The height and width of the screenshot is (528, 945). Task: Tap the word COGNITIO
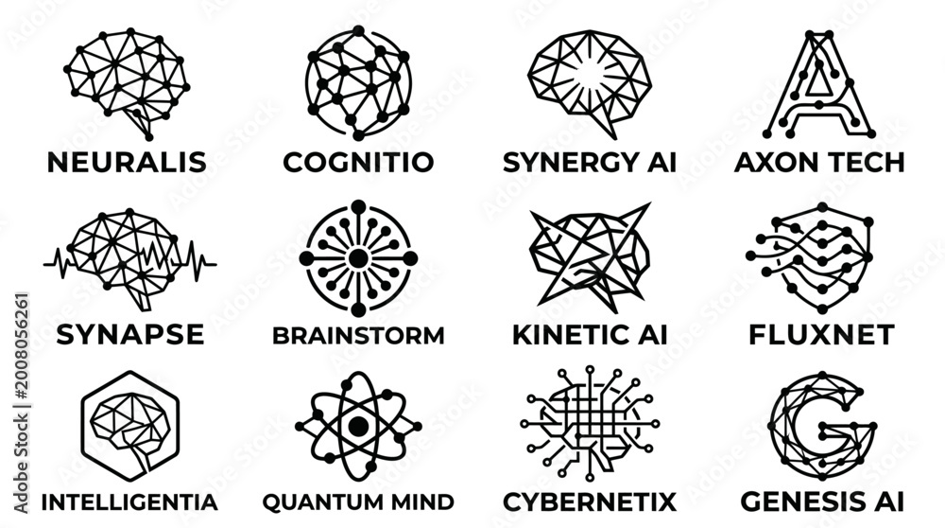(358, 163)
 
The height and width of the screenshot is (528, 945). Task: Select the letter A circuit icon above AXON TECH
(819, 84)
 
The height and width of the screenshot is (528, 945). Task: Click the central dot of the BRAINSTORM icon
(358, 258)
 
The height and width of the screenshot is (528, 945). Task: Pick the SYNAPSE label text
(130, 334)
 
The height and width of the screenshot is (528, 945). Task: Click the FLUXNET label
(821, 335)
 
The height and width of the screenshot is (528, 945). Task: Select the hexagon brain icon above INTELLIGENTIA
(130, 426)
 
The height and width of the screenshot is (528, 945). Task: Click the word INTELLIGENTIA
(129, 502)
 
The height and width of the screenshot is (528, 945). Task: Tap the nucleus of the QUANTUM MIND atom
(358, 426)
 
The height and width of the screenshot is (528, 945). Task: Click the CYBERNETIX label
(590, 502)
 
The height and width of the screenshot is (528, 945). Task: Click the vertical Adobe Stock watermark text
(21, 403)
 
